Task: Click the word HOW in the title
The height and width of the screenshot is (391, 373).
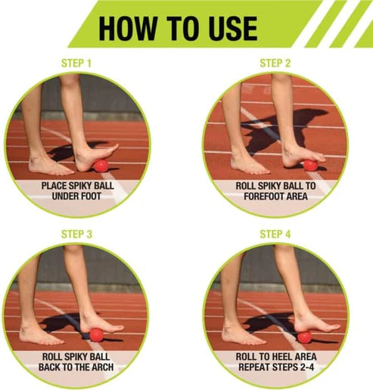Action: [127, 28]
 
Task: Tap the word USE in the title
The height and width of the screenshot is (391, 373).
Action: [232, 28]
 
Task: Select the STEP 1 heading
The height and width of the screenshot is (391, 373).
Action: [76, 64]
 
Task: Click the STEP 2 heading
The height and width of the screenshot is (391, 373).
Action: [275, 64]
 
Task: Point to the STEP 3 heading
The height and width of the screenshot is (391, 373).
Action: [76, 234]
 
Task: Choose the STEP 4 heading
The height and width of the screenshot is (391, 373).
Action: [275, 234]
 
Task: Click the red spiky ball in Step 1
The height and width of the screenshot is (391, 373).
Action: [101, 166]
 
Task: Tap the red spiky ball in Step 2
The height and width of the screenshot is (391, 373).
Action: [310, 166]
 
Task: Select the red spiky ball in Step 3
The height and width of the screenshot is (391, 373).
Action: [97, 335]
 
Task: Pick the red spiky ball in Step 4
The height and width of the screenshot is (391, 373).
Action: [304, 337]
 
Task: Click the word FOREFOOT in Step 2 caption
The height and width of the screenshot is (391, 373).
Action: [263, 197]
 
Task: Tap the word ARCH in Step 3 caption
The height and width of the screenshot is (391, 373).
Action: [102, 367]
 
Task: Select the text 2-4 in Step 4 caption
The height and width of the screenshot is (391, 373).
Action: [306, 367]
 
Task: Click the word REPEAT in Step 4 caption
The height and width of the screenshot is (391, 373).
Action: [253, 367]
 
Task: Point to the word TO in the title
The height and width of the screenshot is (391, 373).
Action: [182, 28]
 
